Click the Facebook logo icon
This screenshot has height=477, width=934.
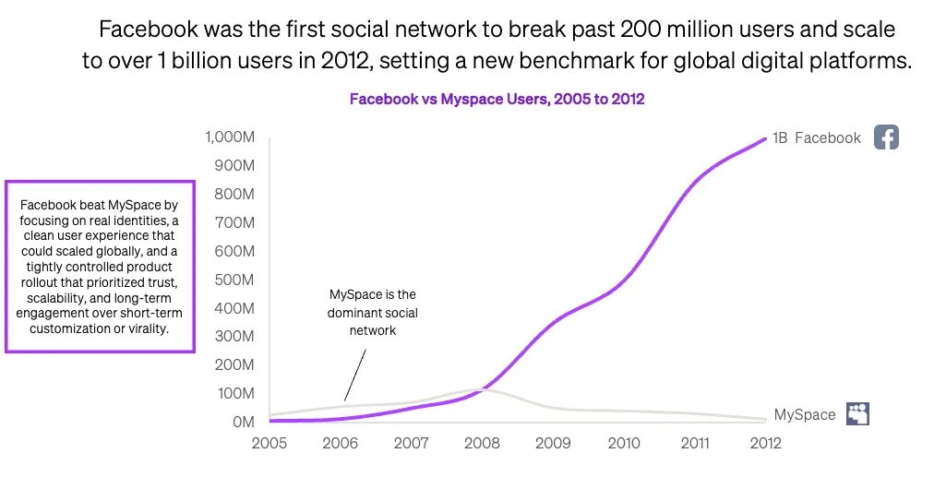tap(886, 137)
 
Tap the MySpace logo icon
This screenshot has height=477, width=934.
tap(858, 414)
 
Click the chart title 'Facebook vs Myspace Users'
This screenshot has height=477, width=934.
tap(497, 99)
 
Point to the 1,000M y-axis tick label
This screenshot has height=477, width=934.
tap(229, 137)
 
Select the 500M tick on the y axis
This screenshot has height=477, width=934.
tap(234, 280)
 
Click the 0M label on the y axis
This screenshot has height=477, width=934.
tap(242, 422)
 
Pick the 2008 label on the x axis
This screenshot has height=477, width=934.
tap(481, 443)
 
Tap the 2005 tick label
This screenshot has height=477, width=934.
tap(269, 443)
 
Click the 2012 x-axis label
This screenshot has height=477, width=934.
tap(764, 443)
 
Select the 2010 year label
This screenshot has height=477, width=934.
tap(623, 443)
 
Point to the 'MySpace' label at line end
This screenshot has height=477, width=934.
tap(805, 415)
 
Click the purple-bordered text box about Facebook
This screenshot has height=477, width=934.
tap(100, 266)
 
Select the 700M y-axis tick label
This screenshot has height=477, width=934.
tap(234, 223)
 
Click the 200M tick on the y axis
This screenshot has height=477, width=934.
tap(234, 365)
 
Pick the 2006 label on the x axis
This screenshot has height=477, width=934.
tap(340, 443)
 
